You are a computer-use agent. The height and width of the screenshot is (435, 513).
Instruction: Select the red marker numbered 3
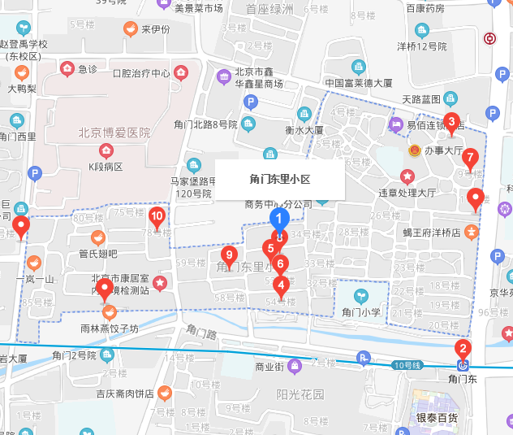coord(453,123)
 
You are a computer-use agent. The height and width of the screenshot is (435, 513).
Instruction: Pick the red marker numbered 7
coord(470,158)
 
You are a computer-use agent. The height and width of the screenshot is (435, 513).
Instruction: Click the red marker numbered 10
coord(157,216)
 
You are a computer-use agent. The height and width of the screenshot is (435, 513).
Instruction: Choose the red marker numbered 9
coord(229,254)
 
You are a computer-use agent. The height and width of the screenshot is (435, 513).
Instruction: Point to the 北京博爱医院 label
coord(114,133)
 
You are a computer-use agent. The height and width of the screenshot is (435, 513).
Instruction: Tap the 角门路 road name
coord(202,333)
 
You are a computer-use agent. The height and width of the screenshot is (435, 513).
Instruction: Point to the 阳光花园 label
coord(300,395)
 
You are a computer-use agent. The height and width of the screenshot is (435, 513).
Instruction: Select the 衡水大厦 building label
coord(304,129)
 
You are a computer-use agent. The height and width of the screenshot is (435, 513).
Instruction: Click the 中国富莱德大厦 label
coord(359,83)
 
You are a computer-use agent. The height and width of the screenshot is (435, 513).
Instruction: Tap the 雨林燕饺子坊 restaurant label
coord(110,328)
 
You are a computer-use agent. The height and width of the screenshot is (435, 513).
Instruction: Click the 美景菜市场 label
coord(198,8)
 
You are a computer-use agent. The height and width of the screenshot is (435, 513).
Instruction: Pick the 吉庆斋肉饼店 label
coord(124,394)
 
